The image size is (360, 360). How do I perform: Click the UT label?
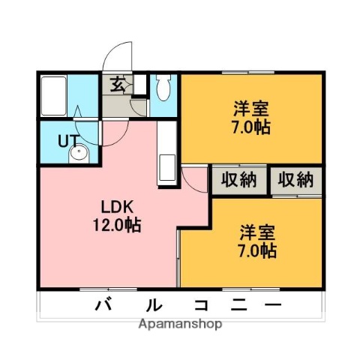point(67,139)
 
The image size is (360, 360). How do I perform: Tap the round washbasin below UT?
point(78,155)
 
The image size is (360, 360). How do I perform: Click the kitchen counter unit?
point(166,154)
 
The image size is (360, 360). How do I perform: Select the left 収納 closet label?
point(238,180)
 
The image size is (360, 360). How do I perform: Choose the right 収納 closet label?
point(296,180)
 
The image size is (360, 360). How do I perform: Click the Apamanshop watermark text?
point(180,325)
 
